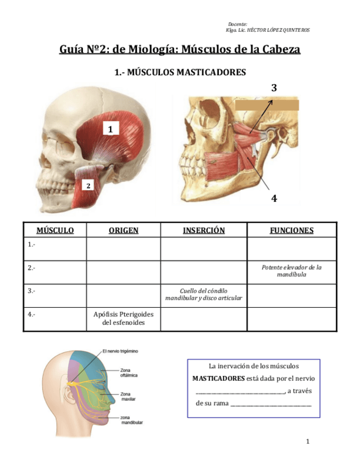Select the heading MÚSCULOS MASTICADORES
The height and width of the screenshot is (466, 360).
pos(180,72)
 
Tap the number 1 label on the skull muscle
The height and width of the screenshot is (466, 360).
pos(110,129)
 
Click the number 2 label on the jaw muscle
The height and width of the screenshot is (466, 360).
pos(87,186)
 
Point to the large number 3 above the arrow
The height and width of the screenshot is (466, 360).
pos(274,87)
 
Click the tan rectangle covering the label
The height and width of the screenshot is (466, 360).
pos(267,105)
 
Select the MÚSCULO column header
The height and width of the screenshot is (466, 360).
pos(54,230)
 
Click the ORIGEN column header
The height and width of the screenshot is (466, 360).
pos(123,230)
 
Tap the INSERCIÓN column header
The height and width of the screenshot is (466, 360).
pos(203,230)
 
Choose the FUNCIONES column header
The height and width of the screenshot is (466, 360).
pos(291,230)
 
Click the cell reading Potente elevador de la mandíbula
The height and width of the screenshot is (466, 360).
pos(291,271)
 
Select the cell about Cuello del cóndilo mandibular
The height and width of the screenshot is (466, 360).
pos(203,295)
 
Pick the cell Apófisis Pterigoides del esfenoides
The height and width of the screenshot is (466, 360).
pos(123,319)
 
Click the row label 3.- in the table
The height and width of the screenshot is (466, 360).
pos(31,291)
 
